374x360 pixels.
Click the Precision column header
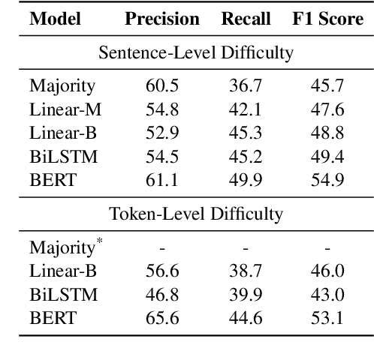coord(162,19)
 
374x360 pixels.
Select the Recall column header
coord(246,19)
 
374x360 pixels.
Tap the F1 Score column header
coord(327,19)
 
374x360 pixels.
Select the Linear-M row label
coord(65,109)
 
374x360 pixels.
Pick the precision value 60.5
coord(162,85)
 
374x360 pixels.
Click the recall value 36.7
coord(245,85)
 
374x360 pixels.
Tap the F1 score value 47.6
coord(327,109)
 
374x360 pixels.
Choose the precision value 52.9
coord(162,133)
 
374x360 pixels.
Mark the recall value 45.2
coord(245,157)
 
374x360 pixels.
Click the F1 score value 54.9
coord(327,181)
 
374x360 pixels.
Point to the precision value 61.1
coord(162,181)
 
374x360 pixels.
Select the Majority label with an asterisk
coord(61,247)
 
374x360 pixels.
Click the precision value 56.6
coord(162,271)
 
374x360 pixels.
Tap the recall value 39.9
coord(245,295)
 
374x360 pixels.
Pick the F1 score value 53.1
coord(327,319)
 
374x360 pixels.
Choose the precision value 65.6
coord(162,319)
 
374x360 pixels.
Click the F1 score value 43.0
coord(327,295)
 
